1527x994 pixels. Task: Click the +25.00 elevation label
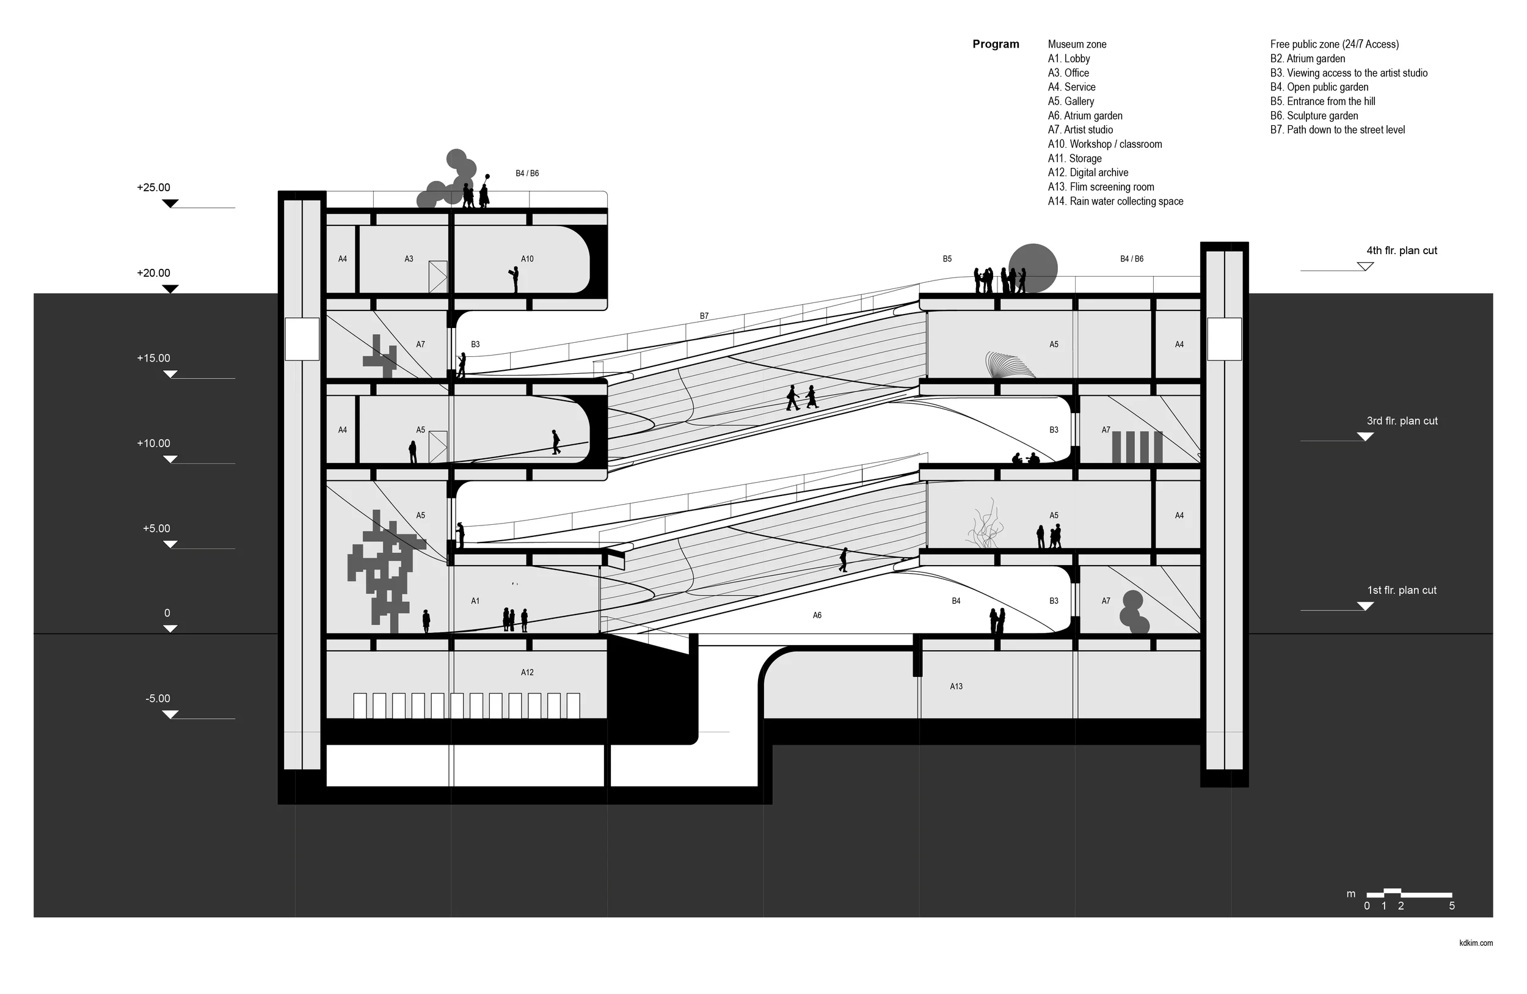coord(153,188)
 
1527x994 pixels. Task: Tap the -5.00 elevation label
coord(158,699)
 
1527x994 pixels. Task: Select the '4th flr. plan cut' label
coord(1401,251)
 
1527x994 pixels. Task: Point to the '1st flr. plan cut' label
coord(1401,590)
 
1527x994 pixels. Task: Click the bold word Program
coord(995,44)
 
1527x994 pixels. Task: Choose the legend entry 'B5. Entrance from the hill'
coord(1322,101)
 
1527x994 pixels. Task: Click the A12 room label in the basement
coord(527,673)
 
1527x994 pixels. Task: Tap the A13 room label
coord(956,687)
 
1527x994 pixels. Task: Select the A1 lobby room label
coord(475,601)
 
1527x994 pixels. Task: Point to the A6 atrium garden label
coord(817,615)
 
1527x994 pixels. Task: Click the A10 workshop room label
coord(527,259)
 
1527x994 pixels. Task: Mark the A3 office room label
coord(409,259)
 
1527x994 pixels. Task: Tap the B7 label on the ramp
coord(704,316)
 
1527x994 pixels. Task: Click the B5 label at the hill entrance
coord(947,259)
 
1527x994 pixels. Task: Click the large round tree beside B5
coord(1033,268)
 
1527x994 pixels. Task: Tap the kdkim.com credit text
coord(1476,943)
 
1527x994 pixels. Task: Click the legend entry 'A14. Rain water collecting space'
coord(1115,202)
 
